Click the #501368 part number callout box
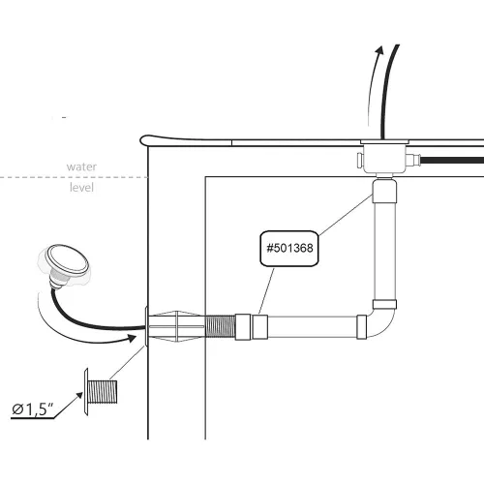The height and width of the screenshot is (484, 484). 289,249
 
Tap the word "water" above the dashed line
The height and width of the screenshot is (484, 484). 81,166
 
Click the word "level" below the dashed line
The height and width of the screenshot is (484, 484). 81,187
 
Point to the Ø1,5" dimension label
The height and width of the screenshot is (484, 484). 32,409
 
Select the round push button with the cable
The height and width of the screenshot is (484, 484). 68,260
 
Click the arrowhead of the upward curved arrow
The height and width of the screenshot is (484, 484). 379,50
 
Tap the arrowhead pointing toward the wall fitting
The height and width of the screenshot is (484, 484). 132,338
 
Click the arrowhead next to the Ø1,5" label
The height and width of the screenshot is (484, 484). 79,395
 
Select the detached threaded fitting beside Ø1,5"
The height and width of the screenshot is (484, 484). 101,392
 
